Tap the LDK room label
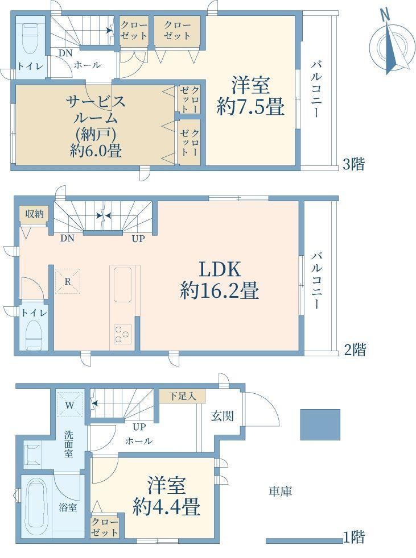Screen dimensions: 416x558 point(220,269)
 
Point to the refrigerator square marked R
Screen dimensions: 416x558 point(67,281)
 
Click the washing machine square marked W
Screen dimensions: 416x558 point(70,404)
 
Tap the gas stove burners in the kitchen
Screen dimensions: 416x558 point(122,334)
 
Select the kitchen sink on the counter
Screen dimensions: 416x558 point(122,285)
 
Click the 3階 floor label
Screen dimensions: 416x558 point(353,164)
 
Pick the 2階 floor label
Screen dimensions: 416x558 point(355,350)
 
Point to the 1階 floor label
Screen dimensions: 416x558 point(353,536)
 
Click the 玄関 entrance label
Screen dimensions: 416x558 point(222,415)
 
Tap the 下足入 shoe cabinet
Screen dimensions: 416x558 point(183,397)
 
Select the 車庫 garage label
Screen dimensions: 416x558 point(280,492)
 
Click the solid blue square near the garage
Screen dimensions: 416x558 point(320,424)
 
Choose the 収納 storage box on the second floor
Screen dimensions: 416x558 point(34,214)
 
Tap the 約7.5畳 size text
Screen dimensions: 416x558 point(250,106)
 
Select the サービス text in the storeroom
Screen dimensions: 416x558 point(96,101)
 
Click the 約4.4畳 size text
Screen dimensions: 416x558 point(166,506)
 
